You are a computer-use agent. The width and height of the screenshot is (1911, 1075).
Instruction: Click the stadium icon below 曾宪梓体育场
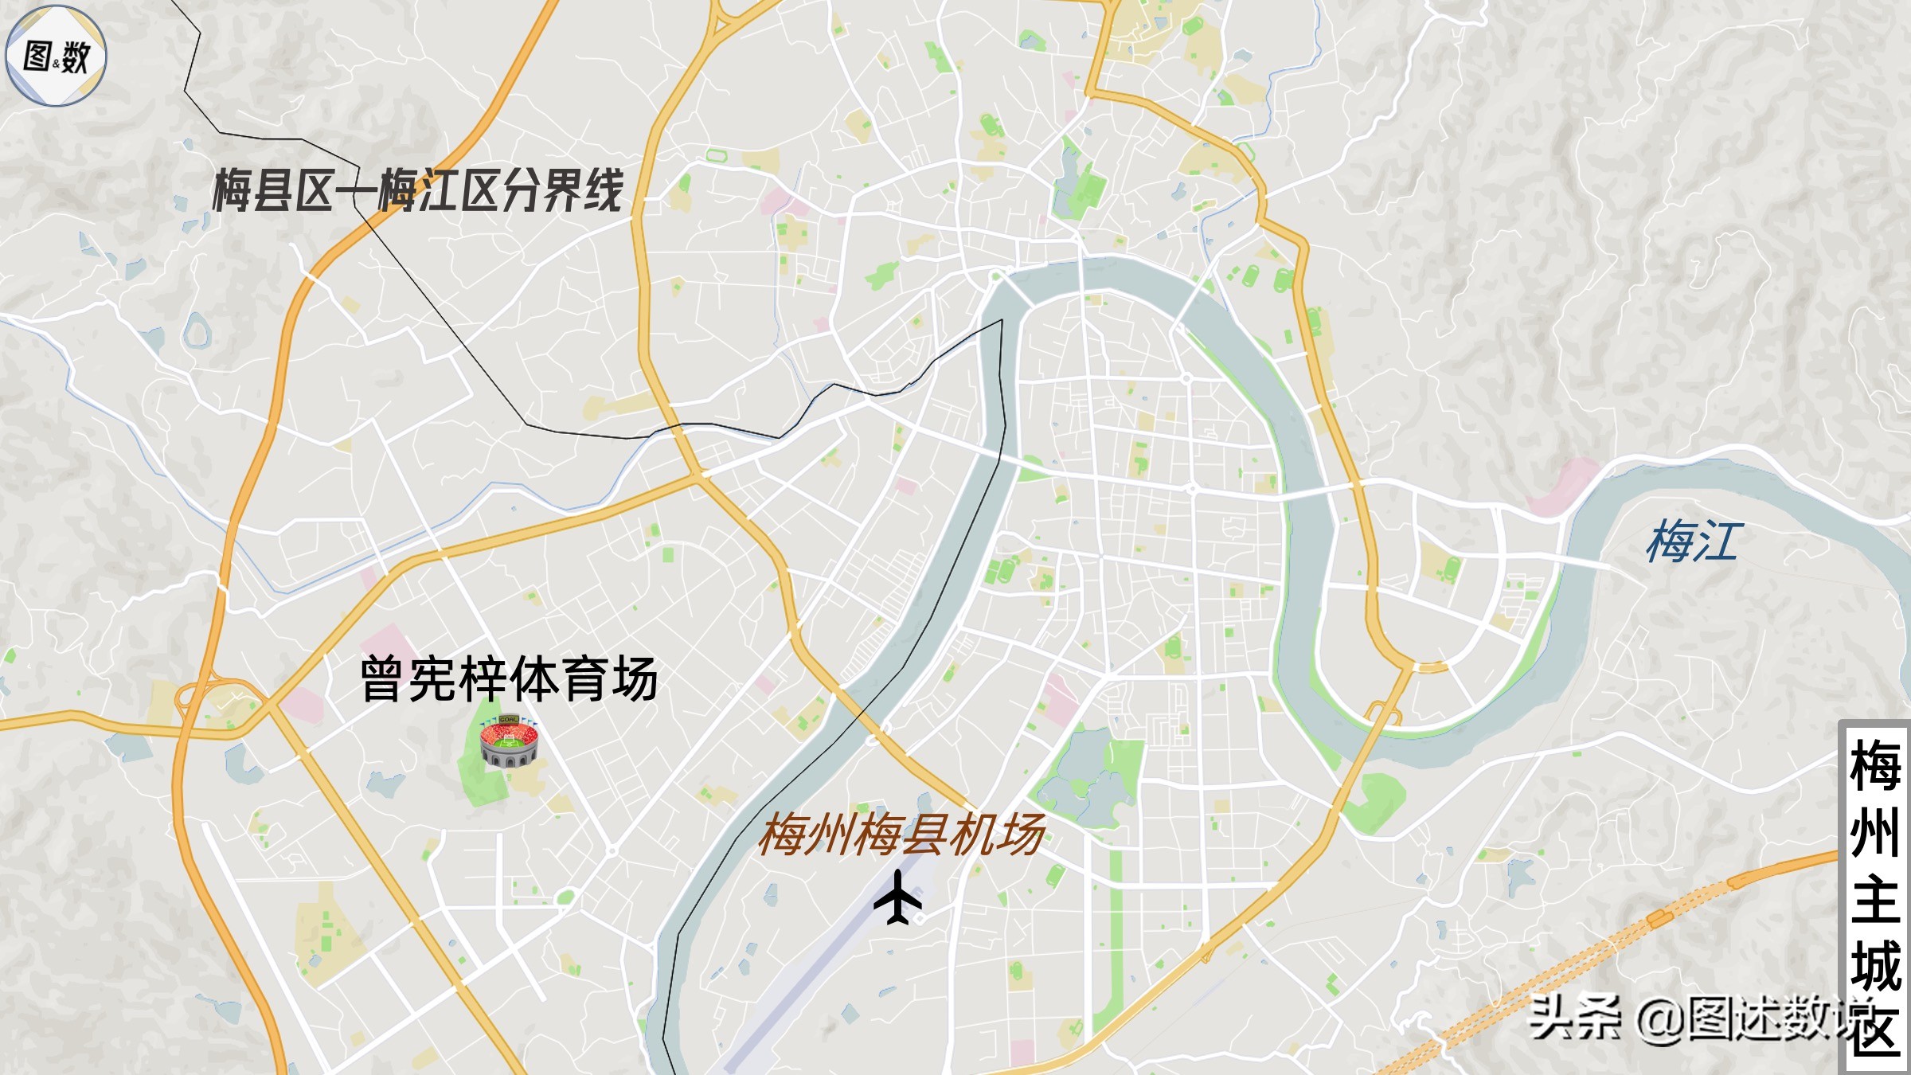509,741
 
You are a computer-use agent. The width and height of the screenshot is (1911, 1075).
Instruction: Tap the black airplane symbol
898,897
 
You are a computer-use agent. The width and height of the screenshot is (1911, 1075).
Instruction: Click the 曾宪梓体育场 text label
509,680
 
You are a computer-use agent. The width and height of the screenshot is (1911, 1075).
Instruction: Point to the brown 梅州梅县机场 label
901,835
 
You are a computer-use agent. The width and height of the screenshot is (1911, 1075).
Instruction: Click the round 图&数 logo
56,56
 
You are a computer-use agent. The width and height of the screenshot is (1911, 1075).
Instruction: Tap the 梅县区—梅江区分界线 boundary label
417,191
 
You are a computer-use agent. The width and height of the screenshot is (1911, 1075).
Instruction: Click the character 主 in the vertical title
1876,900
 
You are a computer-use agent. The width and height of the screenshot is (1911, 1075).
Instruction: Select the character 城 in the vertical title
1876,966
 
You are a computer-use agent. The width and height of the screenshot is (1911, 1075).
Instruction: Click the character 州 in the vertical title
1876,833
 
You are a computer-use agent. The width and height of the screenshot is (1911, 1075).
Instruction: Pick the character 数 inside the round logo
76,57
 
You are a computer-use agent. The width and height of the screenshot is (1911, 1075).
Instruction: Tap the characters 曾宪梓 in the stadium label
434,680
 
